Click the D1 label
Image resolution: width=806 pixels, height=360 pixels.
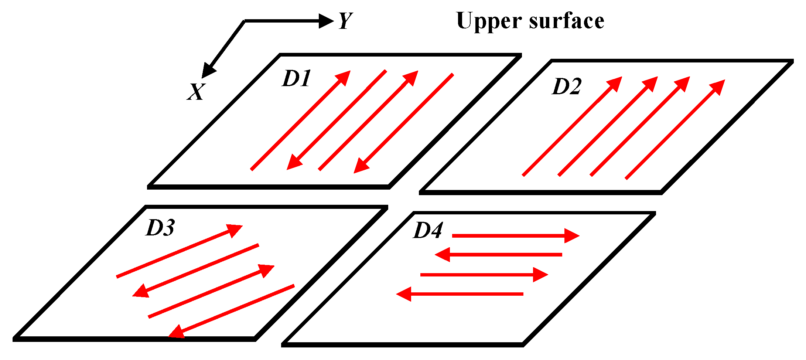(x=297, y=79)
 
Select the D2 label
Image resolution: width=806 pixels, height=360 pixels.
(x=567, y=87)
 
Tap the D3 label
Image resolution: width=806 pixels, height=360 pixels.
(x=160, y=228)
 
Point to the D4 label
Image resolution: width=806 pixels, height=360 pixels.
(x=428, y=231)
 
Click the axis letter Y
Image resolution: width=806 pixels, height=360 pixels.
(x=346, y=21)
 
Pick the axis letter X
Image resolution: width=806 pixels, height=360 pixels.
(x=195, y=92)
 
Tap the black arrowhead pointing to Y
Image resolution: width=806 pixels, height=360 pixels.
(x=325, y=21)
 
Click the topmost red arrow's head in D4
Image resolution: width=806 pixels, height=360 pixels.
(x=571, y=235)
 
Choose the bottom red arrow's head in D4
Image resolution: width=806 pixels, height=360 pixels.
(x=404, y=294)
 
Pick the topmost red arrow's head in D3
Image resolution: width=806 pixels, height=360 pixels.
(x=234, y=230)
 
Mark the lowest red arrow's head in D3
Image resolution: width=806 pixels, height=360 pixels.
(x=177, y=332)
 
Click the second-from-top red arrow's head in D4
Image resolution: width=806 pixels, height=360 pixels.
(x=443, y=255)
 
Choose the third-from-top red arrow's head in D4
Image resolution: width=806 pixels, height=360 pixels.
(x=540, y=275)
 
